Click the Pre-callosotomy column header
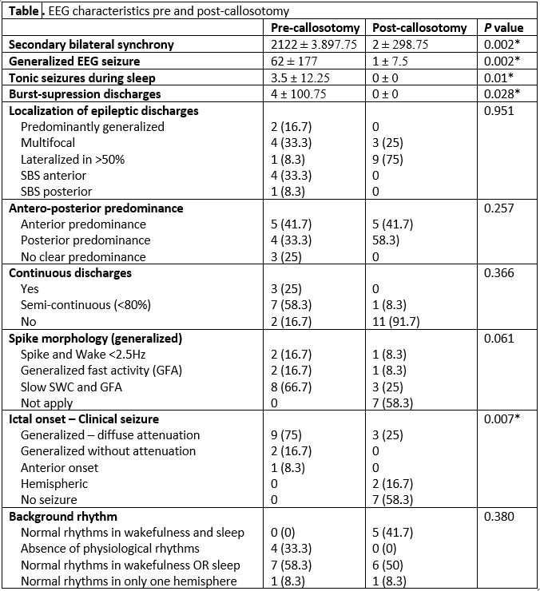[x=315, y=28]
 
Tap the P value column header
[x=504, y=28]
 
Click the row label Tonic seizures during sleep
[x=82, y=77]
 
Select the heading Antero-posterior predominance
[x=96, y=208]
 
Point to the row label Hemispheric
[x=54, y=483]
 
